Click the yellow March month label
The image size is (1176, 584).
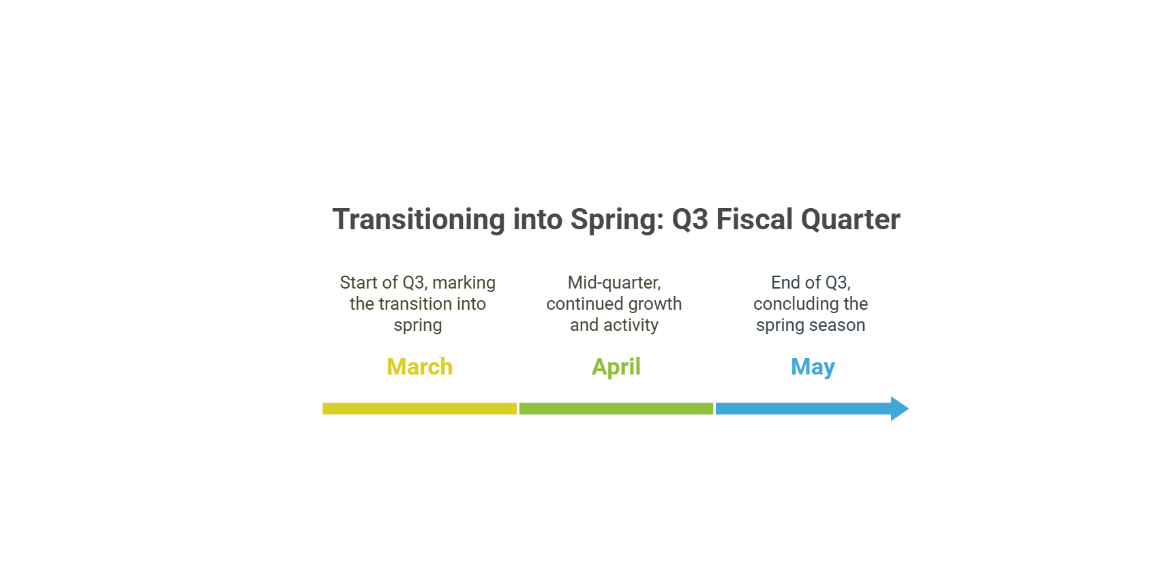tap(419, 367)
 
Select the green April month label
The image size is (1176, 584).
tap(616, 368)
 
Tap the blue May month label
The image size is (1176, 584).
tap(813, 368)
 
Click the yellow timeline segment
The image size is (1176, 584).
tap(419, 409)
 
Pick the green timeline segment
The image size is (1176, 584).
tap(616, 409)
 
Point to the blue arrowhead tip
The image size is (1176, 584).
tap(909, 409)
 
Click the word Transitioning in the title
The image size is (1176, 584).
tap(419, 220)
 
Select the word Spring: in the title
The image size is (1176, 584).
tap(617, 220)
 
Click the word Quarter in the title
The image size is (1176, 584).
tap(851, 220)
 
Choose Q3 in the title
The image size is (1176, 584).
tap(690, 220)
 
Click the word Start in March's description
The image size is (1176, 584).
tap(359, 282)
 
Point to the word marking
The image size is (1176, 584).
tap(464, 283)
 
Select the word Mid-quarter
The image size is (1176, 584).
tap(614, 283)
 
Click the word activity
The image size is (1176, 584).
tap(631, 325)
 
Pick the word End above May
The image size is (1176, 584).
tap(785, 282)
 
